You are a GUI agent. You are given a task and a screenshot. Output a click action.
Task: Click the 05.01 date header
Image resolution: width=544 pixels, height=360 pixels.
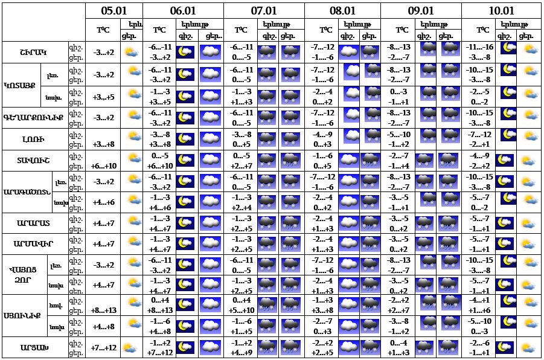(114, 11)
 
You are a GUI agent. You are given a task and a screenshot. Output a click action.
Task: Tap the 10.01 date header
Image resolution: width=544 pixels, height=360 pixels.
(501, 11)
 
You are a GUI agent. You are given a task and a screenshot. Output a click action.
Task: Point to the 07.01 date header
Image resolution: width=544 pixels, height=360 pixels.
(263, 11)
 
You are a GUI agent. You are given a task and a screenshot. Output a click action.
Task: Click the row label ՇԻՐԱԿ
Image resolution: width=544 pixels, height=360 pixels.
(34, 52)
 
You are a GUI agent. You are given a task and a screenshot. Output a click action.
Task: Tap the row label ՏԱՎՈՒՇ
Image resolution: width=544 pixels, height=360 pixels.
(34, 161)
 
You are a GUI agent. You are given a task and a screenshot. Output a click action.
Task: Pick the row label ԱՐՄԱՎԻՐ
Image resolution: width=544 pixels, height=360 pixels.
(34, 244)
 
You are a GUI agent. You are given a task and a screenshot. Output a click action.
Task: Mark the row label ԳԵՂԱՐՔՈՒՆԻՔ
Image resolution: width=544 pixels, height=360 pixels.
(34, 118)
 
